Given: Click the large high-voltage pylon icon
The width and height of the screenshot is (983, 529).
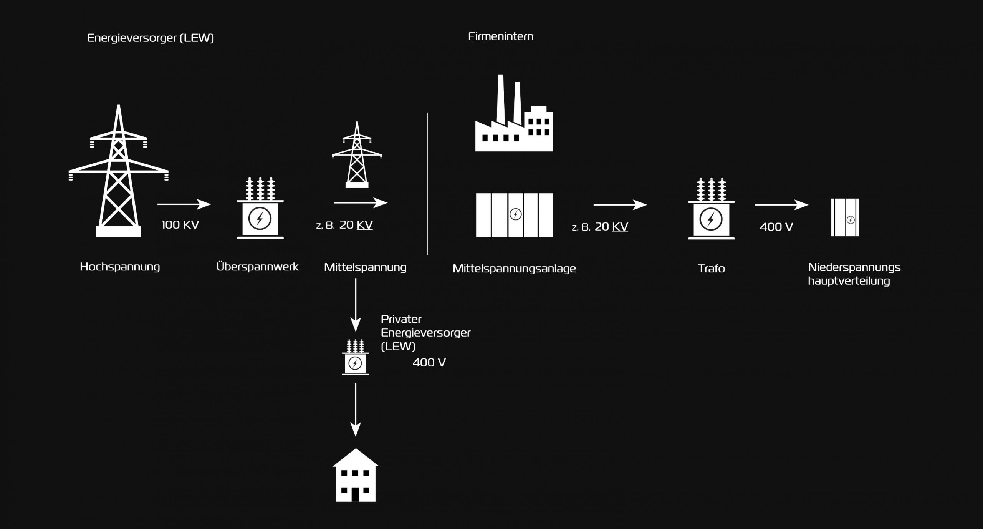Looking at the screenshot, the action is (x=119, y=171).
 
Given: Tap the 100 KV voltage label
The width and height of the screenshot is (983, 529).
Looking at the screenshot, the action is (x=180, y=225).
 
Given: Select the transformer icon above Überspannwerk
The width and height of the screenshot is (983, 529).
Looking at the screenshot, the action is (x=260, y=208).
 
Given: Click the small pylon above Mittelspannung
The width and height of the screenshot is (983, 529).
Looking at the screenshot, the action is (x=357, y=154).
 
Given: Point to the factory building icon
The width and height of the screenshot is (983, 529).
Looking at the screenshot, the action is (x=514, y=113).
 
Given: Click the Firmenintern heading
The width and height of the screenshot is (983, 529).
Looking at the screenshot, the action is (x=501, y=36).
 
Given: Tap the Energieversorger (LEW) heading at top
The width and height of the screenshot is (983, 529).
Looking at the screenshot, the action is (x=151, y=38).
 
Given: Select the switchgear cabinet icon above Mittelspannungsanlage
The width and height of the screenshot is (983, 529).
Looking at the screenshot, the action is (x=515, y=215).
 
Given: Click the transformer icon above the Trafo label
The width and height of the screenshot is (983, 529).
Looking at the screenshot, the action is (x=712, y=209).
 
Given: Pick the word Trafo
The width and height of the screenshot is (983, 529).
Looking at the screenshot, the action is (x=712, y=268).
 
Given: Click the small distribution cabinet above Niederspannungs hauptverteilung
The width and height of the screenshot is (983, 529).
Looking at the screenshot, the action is (x=845, y=217).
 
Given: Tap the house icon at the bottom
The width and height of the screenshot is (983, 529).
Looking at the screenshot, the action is (x=356, y=475).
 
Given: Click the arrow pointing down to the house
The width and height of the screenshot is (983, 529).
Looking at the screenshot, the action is (x=356, y=410).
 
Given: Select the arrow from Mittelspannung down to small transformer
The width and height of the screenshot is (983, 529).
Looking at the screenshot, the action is (x=356, y=305).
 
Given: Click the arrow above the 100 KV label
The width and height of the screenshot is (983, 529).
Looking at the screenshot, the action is (x=184, y=204).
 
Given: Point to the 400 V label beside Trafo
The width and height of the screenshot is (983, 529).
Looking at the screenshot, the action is (x=776, y=227).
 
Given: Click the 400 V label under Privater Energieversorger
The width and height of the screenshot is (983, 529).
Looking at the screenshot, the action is (x=429, y=363).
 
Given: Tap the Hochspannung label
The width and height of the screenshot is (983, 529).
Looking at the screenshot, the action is (x=120, y=267).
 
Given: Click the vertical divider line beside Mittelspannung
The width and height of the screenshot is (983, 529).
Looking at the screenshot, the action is (x=427, y=184).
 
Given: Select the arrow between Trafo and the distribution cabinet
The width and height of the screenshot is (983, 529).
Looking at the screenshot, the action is (x=782, y=205).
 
